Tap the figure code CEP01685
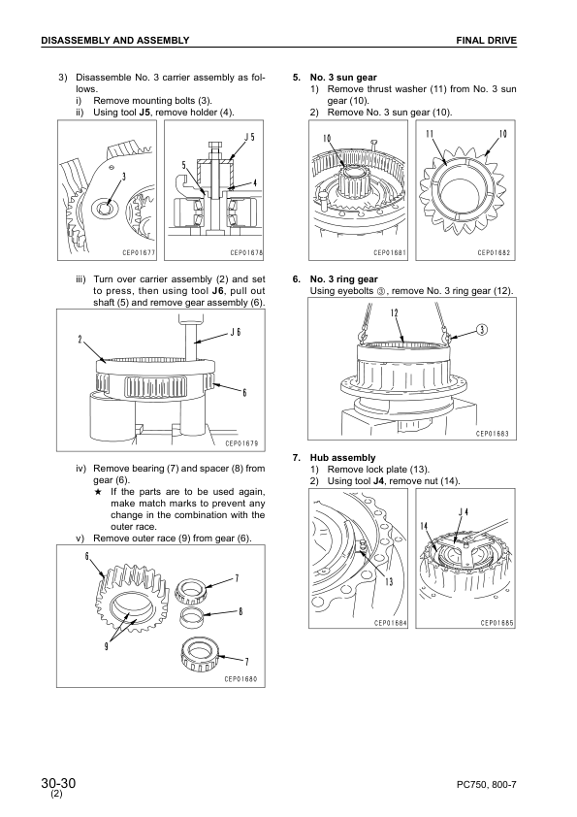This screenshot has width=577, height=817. click(497, 623)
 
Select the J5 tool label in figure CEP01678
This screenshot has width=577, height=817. click(250, 137)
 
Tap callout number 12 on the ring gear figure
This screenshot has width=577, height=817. click(396, 312)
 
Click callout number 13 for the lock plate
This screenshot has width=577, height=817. click(389, 581)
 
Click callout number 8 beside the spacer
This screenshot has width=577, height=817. click(240, 611)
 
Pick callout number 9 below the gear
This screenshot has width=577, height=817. click(107, 647)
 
